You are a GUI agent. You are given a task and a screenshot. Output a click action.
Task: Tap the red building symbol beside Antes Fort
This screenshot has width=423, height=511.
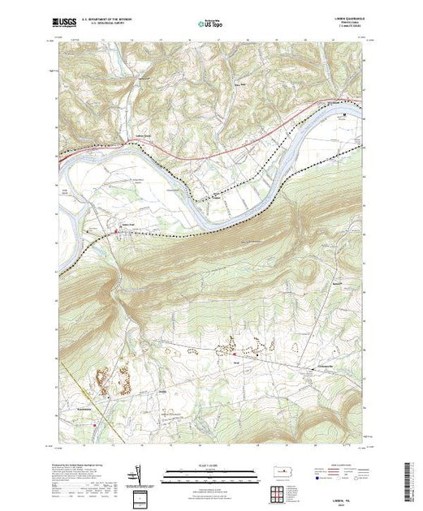115,232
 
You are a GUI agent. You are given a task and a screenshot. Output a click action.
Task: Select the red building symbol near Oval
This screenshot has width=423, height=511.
235,354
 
